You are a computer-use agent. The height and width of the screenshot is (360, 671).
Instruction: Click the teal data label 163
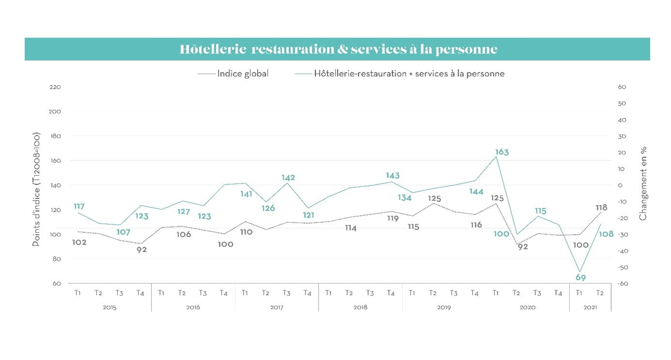[502, 152]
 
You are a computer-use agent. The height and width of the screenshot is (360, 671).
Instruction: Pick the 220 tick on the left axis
[55, 87]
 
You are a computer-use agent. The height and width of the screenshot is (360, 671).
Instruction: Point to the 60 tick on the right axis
[623, 87]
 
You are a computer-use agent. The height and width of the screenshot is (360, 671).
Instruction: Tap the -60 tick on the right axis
[623, 284]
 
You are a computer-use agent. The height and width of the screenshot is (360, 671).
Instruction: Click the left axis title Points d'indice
[36, 189]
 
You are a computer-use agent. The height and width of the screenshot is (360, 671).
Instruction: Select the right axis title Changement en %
[643, 183]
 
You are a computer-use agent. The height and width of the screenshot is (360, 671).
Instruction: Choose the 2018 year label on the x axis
[360, 307]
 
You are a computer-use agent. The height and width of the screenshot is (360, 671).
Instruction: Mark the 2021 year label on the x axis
[590, 307]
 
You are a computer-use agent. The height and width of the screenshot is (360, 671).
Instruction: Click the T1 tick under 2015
[77, 293]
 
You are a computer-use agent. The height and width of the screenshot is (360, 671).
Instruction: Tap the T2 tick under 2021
[600, 293]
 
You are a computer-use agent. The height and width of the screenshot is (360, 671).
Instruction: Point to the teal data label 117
[79, 207]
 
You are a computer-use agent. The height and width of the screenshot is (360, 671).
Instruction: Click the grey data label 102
[79, 242]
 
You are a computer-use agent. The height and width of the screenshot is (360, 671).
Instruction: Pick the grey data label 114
[351, 228]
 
